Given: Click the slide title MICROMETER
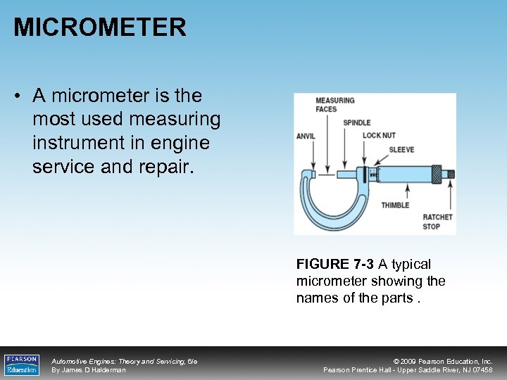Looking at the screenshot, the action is pos(100,27).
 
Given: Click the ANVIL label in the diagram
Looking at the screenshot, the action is pos(306,137).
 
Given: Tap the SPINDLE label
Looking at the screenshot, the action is pos(357,122).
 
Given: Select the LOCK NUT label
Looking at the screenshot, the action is pos(379,136).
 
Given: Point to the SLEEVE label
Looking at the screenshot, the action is pos(401,149).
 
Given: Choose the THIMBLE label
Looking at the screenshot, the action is pos(395,205).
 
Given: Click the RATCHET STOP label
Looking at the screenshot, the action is pos(437,222).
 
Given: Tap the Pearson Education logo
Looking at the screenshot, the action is pos(22,364).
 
